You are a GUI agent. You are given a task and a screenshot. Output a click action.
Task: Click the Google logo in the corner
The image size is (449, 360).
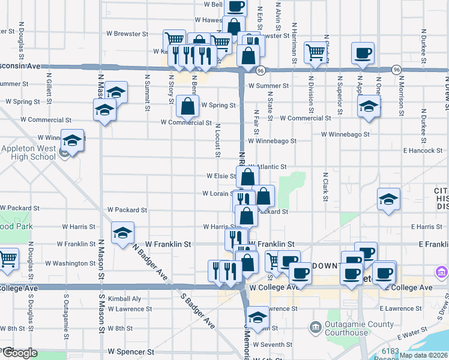(x=19, y=353)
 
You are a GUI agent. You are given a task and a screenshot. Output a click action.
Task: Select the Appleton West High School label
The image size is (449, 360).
(x=28, y=153)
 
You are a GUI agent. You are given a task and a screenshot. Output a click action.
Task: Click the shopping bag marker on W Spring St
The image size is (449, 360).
(x=188, y=106)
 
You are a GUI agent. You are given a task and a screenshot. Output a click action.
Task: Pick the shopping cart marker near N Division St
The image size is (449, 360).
(x=315, y=52)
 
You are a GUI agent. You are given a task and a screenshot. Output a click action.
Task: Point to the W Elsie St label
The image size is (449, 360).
(x=221, y=176)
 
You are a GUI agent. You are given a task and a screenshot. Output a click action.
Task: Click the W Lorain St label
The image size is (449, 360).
(x=217, y=194)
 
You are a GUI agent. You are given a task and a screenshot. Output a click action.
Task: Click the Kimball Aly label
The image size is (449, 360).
(x=125, y=298)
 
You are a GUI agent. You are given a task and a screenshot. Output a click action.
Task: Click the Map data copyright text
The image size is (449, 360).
(x=423, y=355)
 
